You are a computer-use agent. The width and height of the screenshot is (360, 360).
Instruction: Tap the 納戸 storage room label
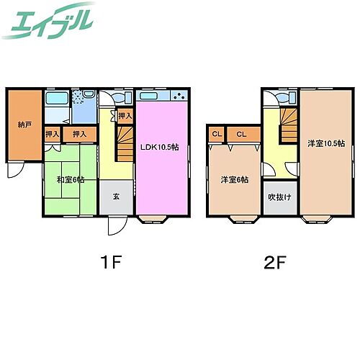(24, 124)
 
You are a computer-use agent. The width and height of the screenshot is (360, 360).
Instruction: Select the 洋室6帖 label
(234, 180)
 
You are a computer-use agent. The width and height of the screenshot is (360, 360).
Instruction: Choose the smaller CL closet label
(216, 133)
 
